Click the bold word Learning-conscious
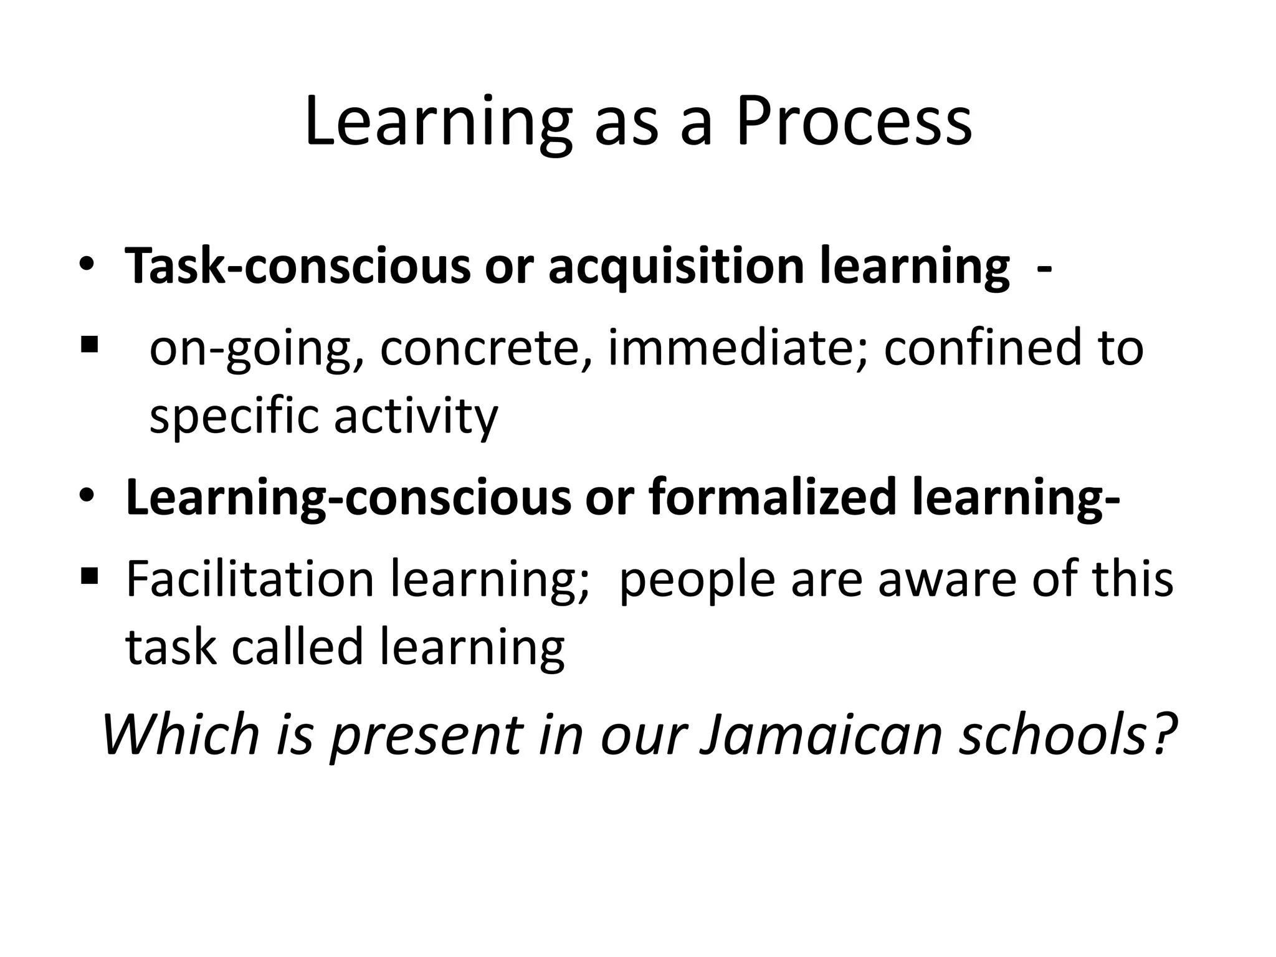[x=348, y=498]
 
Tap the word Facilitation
[x=249, y=579]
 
